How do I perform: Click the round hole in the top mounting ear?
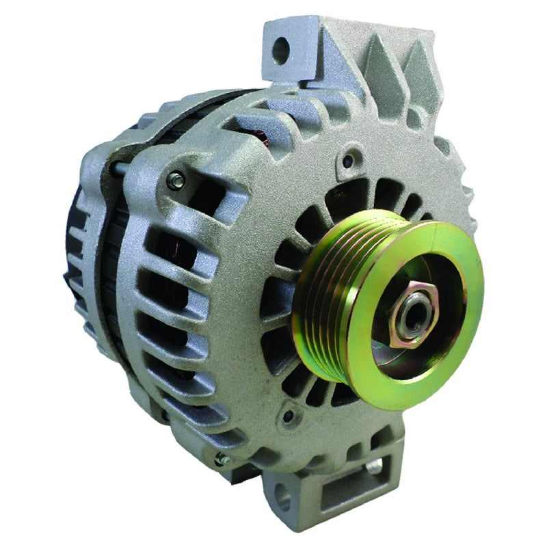click(281, 49)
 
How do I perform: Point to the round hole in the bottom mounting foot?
click(287, 502)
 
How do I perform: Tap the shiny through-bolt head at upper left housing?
click(176, 181)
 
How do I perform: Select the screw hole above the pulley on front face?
click(349, 161)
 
